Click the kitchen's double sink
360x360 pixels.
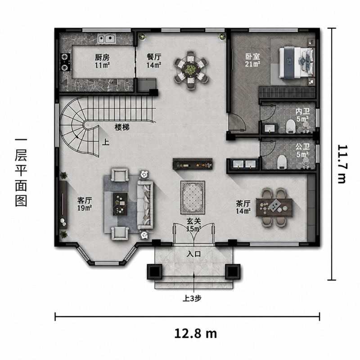[x=106, y=38]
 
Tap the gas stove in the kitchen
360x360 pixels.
[x=65, y=62]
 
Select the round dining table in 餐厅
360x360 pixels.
[x=191, y=70]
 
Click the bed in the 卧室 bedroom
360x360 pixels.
[x=296, y=62]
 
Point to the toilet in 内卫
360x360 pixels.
[x=291, y=126]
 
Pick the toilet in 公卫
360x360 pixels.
[x=282, y=162]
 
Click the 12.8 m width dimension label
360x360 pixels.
[x=196, y=333]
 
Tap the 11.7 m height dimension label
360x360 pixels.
[x=342, y=164]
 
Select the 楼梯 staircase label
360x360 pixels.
[x=122, y=127]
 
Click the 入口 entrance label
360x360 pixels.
[x=193, y=254]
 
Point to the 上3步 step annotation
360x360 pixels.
[x=192, y=298]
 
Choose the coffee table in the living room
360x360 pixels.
[x=120, y=204]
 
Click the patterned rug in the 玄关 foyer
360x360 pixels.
[x=193, y=198]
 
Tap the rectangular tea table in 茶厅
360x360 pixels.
[x=274, y=207]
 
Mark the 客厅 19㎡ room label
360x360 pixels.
[x=85, y=204]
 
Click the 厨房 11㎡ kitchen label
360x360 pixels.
[x=102, y=61]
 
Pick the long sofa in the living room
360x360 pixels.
[x=145, y=205]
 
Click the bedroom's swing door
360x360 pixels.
[x=237, y=122]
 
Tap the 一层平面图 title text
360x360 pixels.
[x=21, y=172]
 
